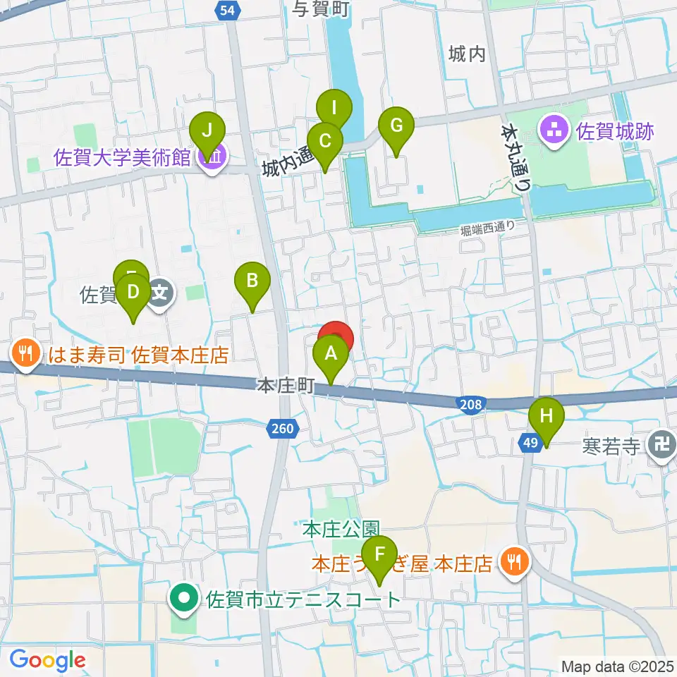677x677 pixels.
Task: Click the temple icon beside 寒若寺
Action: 662,446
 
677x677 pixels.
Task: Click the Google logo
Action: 47,660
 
